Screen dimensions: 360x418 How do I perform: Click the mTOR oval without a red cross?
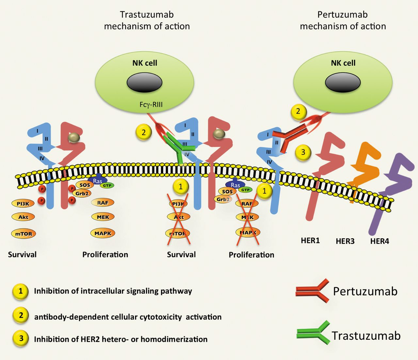24,234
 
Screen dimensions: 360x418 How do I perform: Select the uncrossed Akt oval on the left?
23,217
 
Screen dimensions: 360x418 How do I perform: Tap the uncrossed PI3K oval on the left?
23,204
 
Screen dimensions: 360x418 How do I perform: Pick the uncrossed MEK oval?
103,217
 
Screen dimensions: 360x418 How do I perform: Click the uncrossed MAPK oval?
103,233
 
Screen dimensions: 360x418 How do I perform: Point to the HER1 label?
310,241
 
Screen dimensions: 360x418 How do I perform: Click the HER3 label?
345,241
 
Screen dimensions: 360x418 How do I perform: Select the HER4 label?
379,241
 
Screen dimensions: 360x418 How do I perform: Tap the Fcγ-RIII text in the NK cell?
151,105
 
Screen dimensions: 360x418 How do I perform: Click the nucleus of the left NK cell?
144,82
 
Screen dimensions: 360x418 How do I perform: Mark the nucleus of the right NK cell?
343,82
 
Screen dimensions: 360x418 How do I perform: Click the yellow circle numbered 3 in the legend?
21,338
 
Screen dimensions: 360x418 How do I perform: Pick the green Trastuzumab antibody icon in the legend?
313,333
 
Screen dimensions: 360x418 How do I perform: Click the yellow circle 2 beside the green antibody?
144,132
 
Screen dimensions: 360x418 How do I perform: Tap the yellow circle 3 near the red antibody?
303,152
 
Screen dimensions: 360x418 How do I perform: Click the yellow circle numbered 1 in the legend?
21,291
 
